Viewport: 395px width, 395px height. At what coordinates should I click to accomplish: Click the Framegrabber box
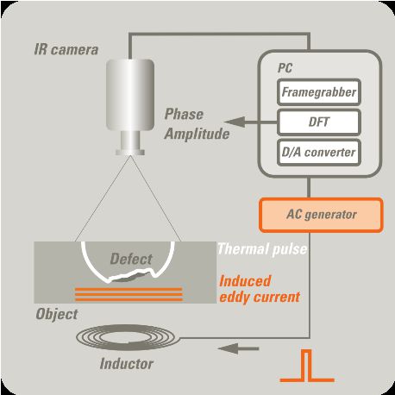(319, 92)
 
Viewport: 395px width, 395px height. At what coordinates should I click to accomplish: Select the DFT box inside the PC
(319, 122)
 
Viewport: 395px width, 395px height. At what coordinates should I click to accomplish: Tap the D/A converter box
(319, 153)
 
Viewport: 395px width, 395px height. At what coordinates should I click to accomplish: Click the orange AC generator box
(321, 215)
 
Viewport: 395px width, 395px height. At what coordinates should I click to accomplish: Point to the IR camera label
(66, 49)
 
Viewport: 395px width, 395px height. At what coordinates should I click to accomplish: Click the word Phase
(184, 115)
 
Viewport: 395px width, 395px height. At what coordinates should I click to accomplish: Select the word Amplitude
(197, 134)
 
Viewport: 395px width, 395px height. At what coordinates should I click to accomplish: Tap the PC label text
(285, 68)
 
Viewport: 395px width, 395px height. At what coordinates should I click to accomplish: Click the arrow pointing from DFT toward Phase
(250, 122)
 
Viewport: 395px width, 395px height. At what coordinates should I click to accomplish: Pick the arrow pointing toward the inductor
(238, 348)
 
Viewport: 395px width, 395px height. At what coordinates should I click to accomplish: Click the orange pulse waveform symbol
(307, 366)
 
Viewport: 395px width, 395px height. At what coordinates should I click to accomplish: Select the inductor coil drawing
(129, 337)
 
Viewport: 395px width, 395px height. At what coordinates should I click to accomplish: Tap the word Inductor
(127, 364)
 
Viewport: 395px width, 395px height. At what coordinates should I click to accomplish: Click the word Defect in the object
(131, 259)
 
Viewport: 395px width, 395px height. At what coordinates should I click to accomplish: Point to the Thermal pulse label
(262, 249)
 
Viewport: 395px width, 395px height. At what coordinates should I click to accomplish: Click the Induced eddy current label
(260, 289)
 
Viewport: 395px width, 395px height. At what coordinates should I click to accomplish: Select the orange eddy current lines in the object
(129, 294)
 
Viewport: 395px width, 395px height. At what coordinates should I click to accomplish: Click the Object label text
(57, 314)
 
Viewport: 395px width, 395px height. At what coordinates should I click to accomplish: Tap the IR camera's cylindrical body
(130, 95)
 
